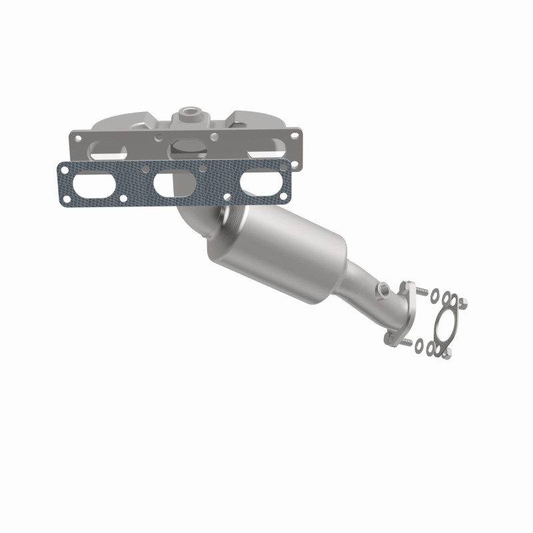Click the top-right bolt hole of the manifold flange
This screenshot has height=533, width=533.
coord(288,140)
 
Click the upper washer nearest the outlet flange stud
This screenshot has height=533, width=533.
coord(434,294)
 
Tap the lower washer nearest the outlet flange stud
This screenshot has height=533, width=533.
coord(418,344)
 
